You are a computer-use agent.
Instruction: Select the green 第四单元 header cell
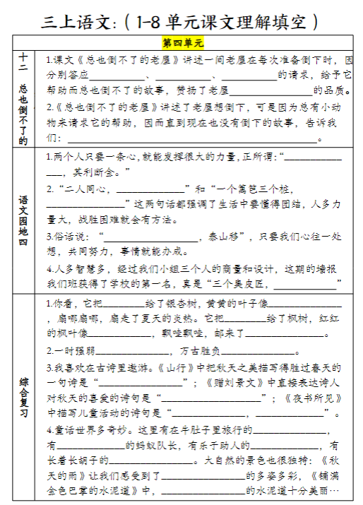181,43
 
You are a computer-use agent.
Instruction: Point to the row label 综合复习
23,399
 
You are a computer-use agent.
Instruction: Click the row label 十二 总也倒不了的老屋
23,98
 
